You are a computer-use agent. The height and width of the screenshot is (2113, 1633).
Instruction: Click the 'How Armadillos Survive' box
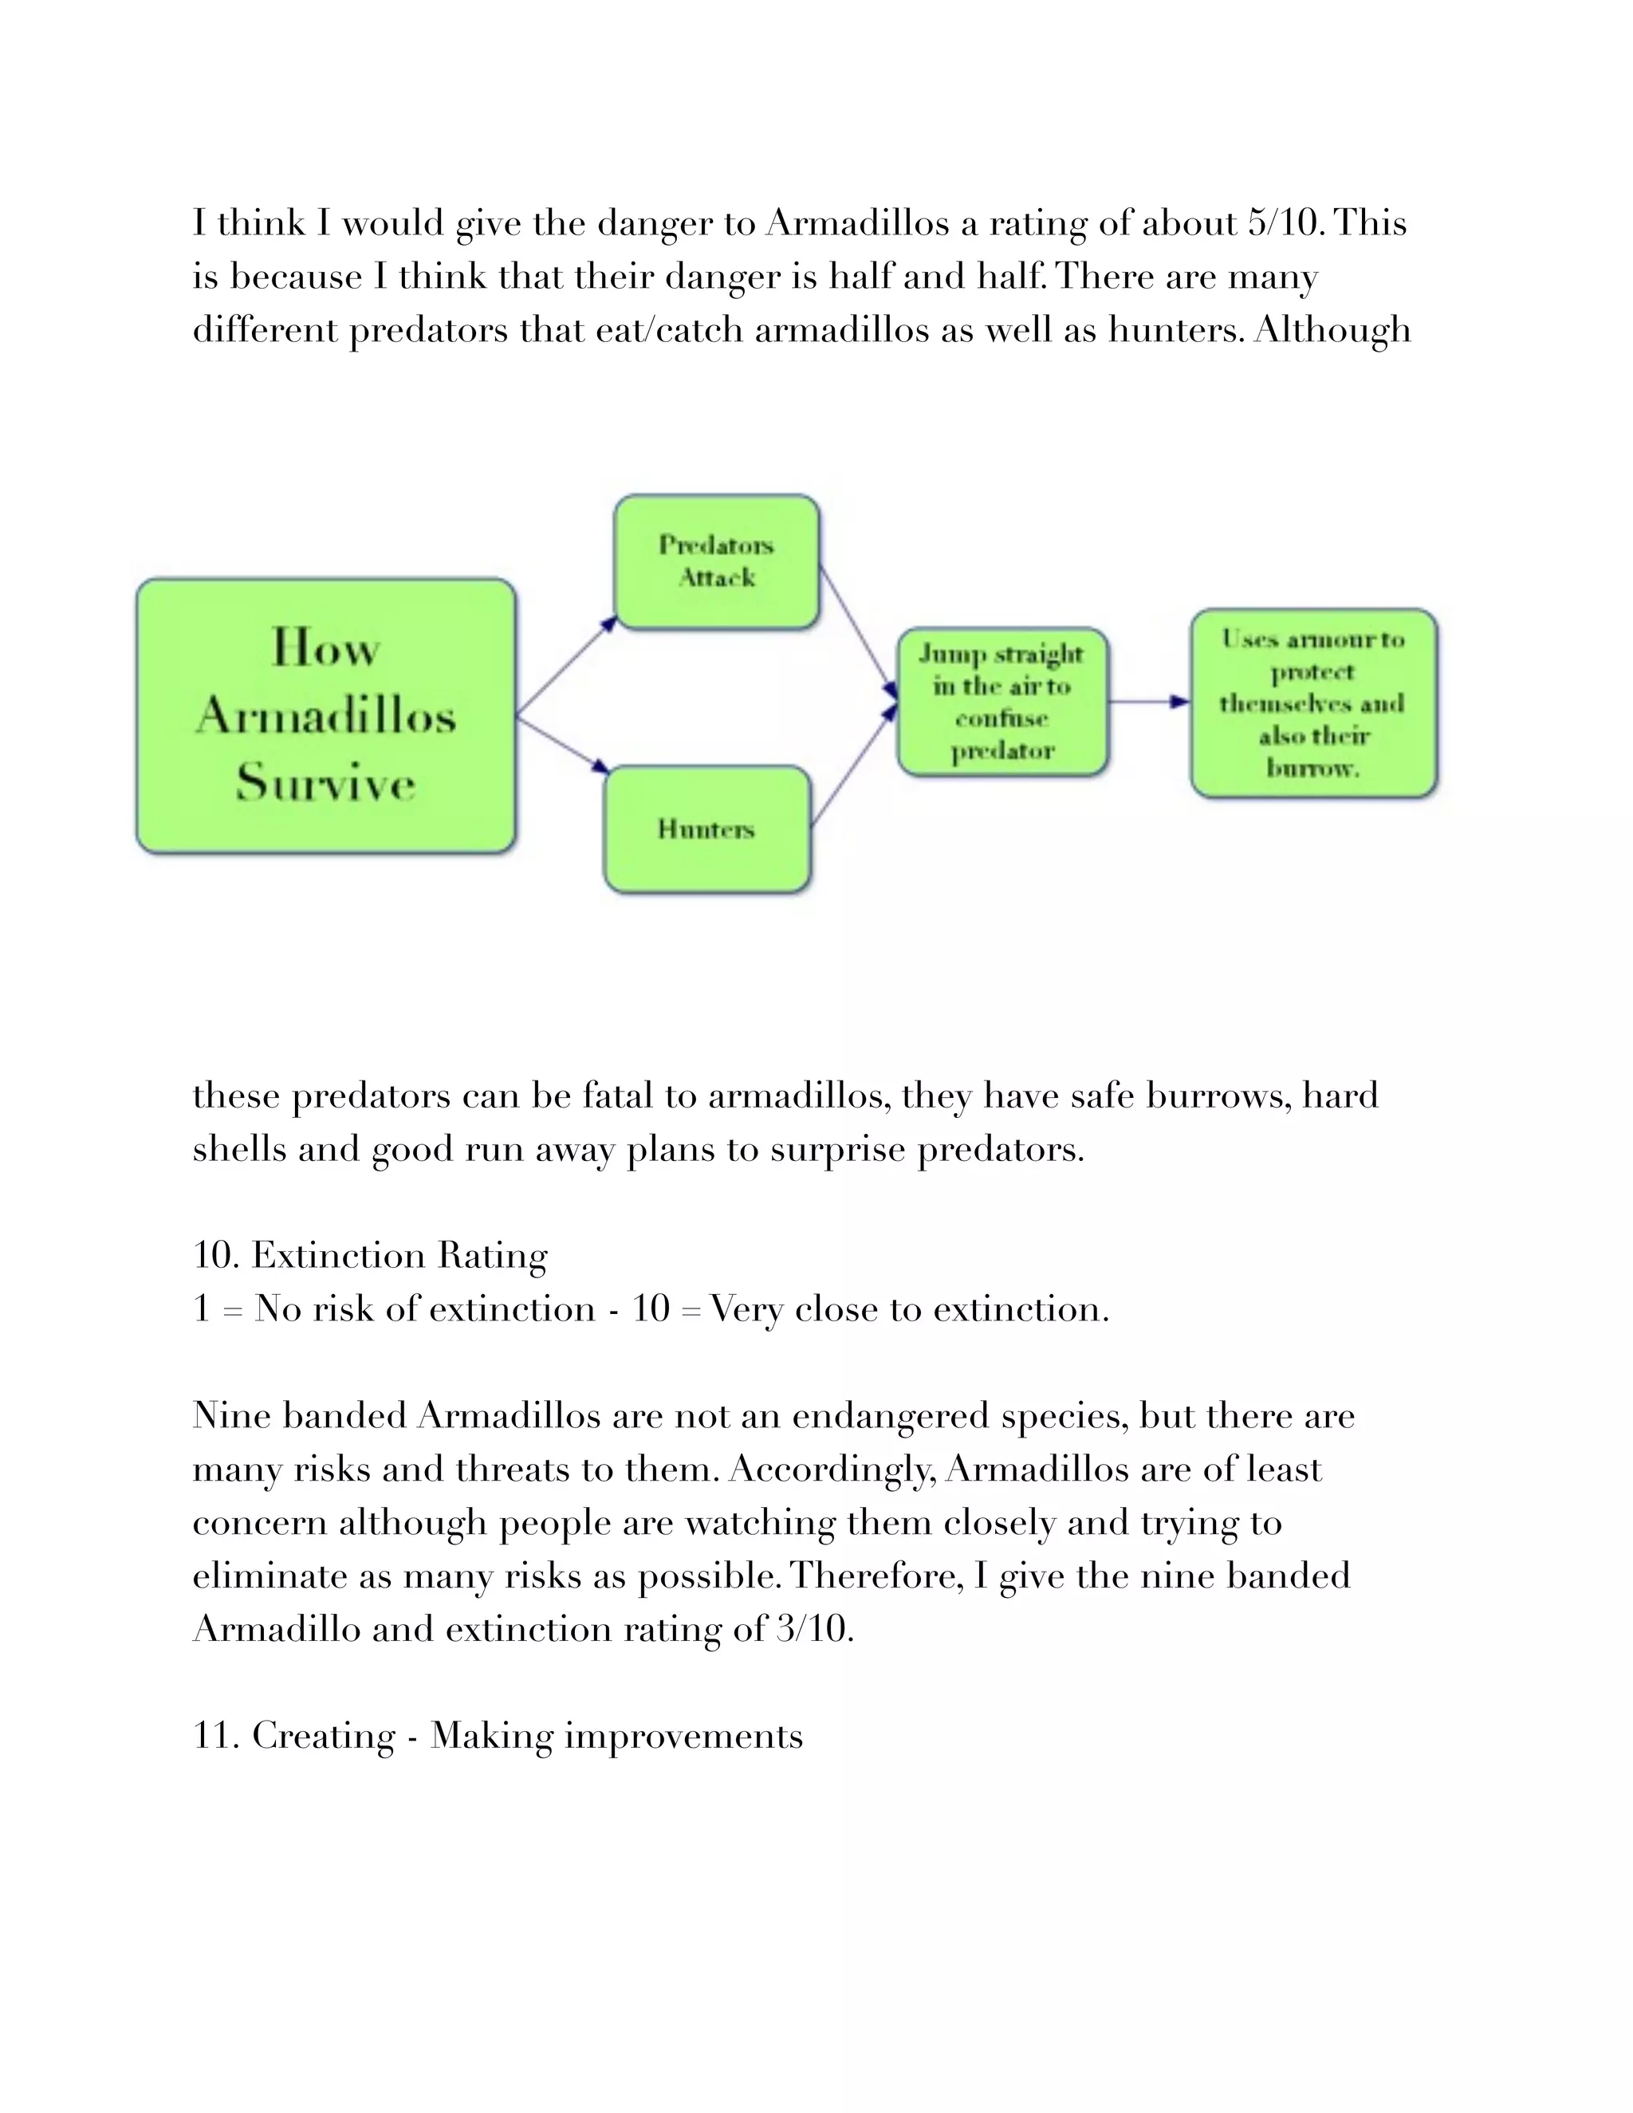325,716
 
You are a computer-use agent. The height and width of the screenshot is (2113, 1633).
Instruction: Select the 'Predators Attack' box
717,562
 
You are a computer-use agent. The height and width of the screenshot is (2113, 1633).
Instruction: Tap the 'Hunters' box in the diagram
706,829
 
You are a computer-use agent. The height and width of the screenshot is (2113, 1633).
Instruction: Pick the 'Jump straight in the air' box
1002,702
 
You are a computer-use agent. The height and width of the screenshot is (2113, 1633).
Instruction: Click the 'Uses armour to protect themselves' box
1312,703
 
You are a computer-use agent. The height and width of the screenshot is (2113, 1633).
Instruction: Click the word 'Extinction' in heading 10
337,1256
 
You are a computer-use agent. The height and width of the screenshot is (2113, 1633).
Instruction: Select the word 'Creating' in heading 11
323,1736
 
